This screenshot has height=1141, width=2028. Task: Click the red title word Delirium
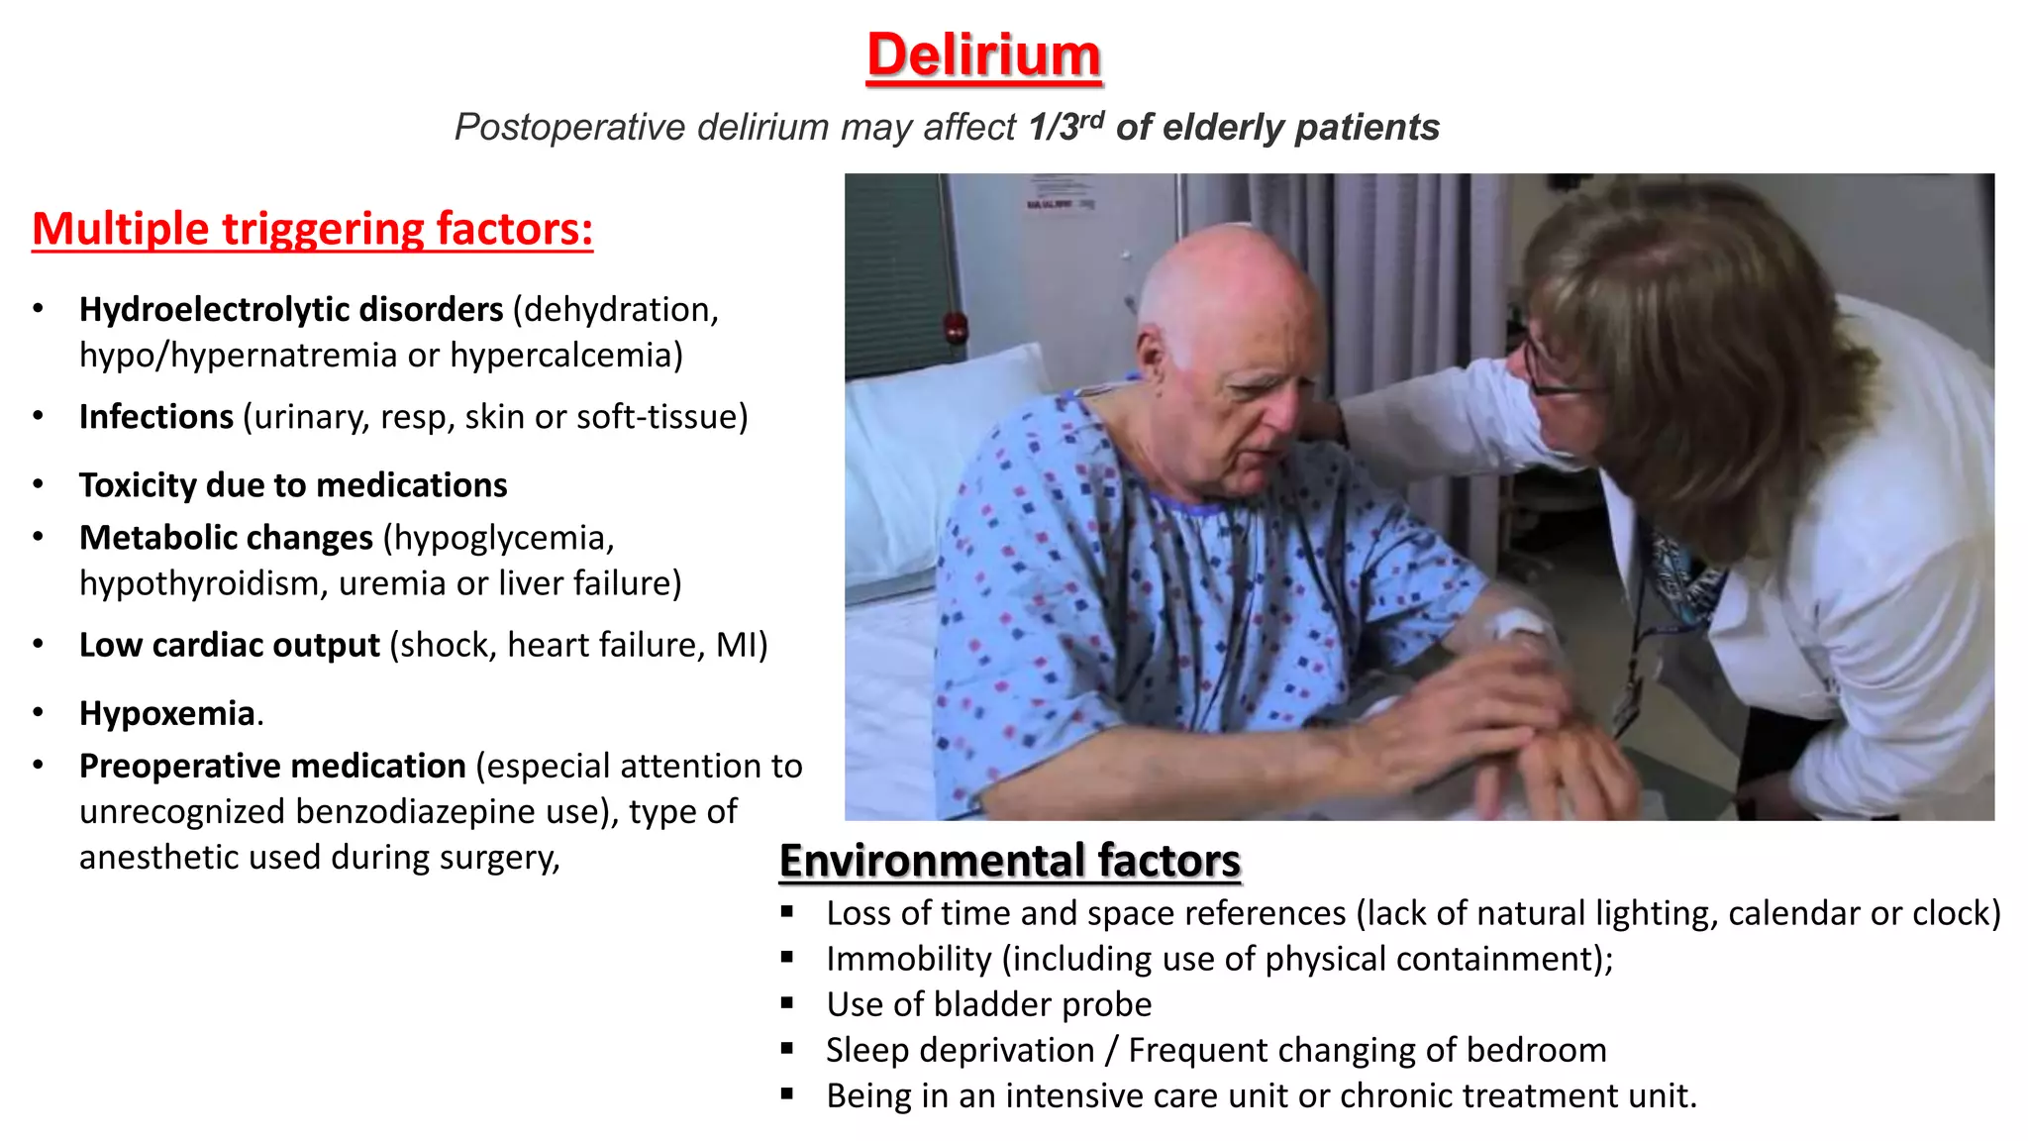point(983,55)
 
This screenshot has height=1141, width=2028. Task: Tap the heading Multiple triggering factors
point(312,229)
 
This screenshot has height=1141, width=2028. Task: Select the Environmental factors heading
point(1009,860)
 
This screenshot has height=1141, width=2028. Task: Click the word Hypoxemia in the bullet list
point(167,713)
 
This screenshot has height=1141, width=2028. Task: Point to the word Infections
point(156,417)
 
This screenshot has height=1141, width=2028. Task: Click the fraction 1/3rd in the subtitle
point(1065,127)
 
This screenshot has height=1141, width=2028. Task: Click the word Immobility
point(908,959)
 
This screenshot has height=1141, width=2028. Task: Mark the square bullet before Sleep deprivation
point(787,1048)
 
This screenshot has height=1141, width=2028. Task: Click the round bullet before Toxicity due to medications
point(38,484)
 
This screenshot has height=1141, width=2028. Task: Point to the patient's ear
point(1152,362)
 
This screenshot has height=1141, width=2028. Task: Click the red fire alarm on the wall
point(955,326)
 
